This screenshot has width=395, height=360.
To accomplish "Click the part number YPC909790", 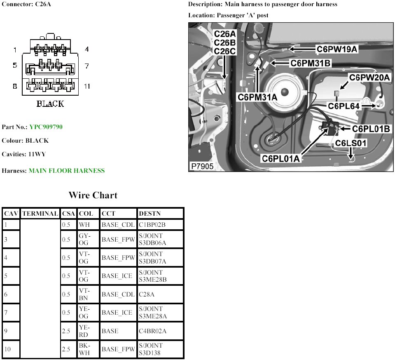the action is [46, 127].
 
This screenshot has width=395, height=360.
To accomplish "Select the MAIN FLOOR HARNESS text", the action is [66, 170].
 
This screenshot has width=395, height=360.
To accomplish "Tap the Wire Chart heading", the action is [93, 195].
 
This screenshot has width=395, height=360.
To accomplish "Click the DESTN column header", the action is [147, 214].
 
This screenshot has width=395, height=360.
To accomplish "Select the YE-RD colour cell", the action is [84, 331].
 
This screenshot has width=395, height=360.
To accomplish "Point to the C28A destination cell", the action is [147, 294].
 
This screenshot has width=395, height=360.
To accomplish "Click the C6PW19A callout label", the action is [337, 49].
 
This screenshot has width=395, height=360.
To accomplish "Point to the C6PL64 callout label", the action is [344, 106].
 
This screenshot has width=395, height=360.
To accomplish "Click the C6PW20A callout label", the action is [369, 77].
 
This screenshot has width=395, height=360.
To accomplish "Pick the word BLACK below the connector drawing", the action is [50, 104].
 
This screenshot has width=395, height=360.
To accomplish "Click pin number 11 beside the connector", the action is [86, 86].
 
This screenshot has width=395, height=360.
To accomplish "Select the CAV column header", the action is [10, 214].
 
